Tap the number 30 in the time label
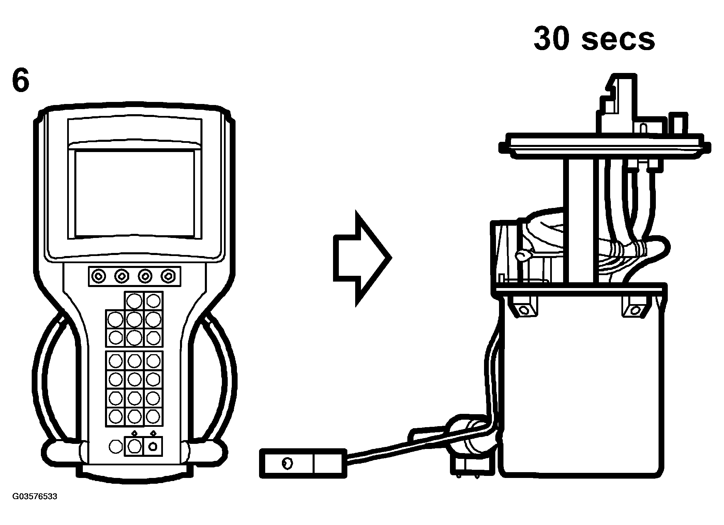point(552,39)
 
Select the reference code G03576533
point(35,496)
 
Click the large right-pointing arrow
point(361,258)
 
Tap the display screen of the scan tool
point(134,193)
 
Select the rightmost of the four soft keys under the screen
point(168,276)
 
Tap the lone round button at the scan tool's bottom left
point(115,446)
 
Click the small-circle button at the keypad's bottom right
point(153,446)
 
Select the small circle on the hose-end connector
point(287,463)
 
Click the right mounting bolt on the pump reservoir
point(635,310)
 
